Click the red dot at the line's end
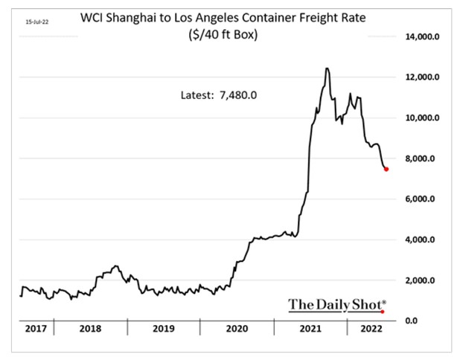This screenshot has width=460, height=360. point(386,169)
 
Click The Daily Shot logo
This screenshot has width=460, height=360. point(337,303)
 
